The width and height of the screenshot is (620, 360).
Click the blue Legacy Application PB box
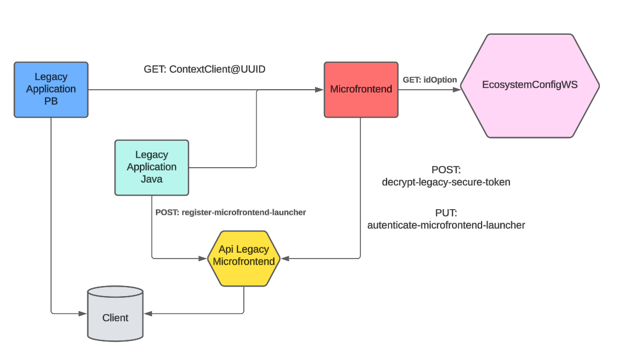point(51,90)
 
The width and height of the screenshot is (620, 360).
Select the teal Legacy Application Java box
point(151,167)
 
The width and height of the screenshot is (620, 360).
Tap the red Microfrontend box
point(361,90)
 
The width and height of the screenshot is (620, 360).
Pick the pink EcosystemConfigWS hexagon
point(530,85)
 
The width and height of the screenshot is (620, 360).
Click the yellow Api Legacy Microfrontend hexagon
point(244,259)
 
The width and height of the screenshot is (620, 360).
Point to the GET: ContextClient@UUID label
point(204,70)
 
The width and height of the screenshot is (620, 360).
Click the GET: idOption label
point(429,80)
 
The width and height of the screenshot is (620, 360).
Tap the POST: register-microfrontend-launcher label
point(230,213)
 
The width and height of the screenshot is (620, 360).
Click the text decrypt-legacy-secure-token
point(446,182)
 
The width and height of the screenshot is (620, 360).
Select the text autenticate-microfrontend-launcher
point(446,225)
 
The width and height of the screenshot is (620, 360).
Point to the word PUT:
point(446,214)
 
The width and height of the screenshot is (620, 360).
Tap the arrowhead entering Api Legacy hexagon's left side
point(203,259)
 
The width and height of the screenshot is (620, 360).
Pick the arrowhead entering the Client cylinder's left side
point(84,313)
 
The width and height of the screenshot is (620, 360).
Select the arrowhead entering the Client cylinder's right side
point(147,313)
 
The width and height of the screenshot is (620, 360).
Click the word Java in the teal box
point(151,179)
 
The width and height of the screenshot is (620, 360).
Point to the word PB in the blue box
point(51,101)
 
